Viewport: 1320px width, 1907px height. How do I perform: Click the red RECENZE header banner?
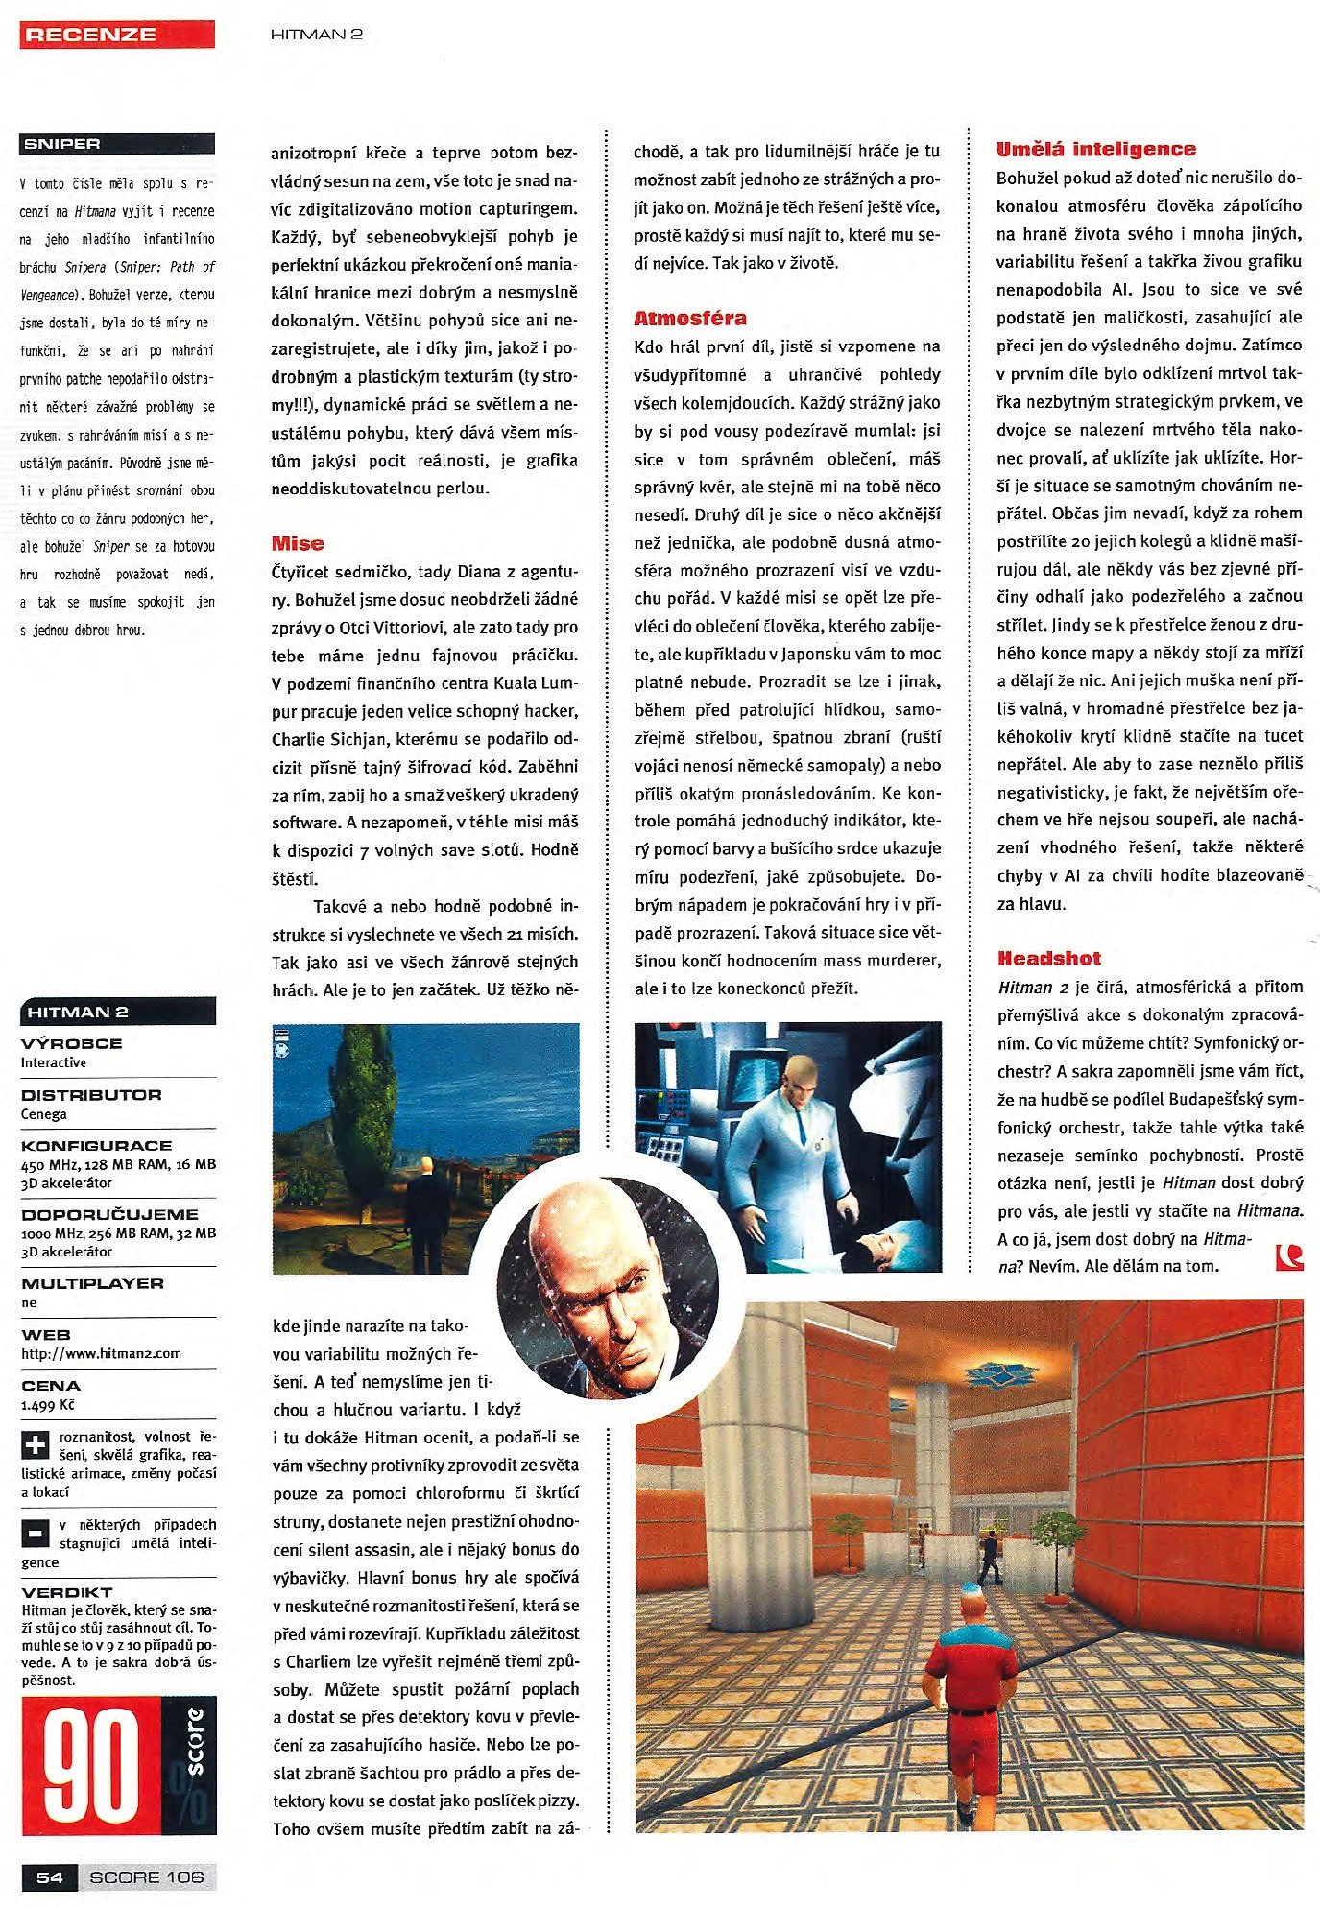coord(117,35)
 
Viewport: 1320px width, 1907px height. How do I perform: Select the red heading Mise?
coord(298,544)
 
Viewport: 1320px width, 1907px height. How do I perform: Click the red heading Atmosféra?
coord(690,319)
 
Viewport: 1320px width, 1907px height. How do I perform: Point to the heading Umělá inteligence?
coord(1096,150)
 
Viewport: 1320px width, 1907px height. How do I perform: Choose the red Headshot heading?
coord(1049,959)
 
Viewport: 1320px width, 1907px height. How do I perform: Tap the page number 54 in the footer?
coord(50,1877)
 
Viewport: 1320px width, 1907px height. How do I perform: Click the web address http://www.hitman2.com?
coord(102,1353)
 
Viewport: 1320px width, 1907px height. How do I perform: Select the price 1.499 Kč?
coord(48,1405)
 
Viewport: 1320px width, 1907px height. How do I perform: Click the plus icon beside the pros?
coord(36,1445)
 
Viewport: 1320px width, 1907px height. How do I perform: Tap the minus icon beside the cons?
coord(36,1534)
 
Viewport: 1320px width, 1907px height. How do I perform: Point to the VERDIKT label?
coord(67,1592)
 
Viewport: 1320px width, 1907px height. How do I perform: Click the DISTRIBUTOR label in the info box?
coord(91,1095)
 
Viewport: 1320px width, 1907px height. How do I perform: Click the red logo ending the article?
coord(1289,1257)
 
